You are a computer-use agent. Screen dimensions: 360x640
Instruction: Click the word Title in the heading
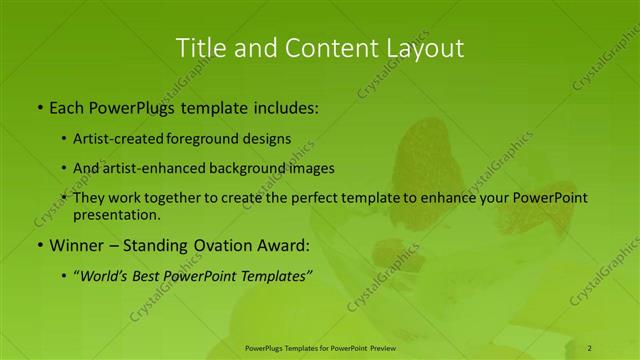click(x=201, y=47)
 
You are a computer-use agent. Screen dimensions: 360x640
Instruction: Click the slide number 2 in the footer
click(x=590, y=348)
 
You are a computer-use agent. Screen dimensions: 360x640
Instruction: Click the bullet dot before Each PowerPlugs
click(x=39, y=105)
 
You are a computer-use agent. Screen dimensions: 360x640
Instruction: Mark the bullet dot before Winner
click(x=39, y=245)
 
